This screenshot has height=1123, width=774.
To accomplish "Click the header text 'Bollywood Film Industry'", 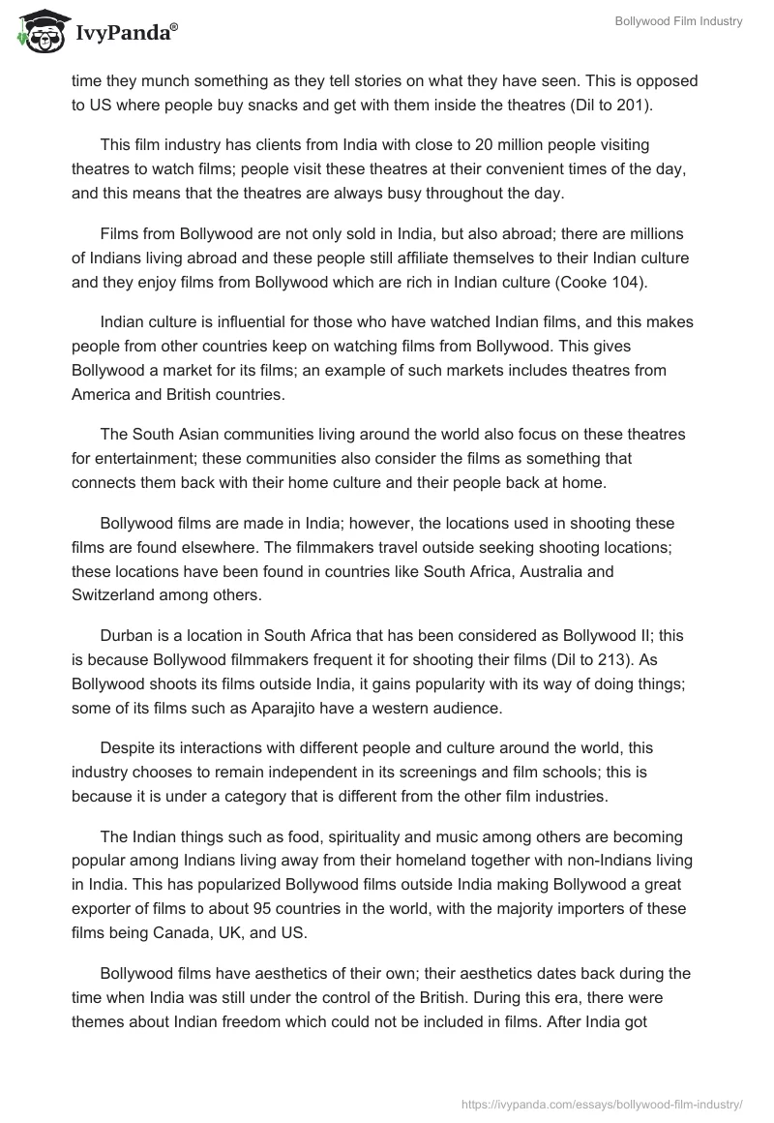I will pos(678,22).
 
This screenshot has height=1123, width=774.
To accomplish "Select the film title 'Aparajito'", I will pos(307,708).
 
